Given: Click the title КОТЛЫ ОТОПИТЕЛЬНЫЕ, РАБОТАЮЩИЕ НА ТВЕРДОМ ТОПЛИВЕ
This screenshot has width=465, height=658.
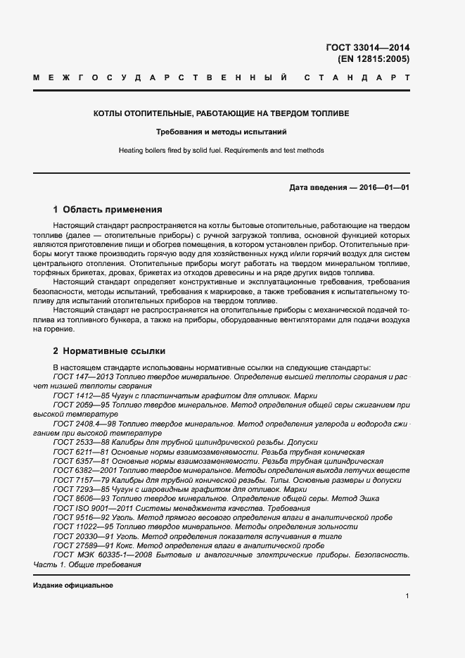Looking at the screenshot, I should coord(221,113).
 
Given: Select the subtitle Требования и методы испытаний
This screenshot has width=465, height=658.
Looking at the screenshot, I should coord(221,132).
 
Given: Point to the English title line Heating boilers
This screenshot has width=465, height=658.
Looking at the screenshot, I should coord(221,150).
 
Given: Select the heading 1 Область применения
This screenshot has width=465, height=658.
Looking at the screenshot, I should coord(108,210).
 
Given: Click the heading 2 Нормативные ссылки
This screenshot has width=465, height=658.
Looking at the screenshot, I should coord(109,350).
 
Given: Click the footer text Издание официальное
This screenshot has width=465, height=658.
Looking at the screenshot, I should coord(73,586).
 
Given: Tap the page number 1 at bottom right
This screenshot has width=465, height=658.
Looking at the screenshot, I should coord(407,596).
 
